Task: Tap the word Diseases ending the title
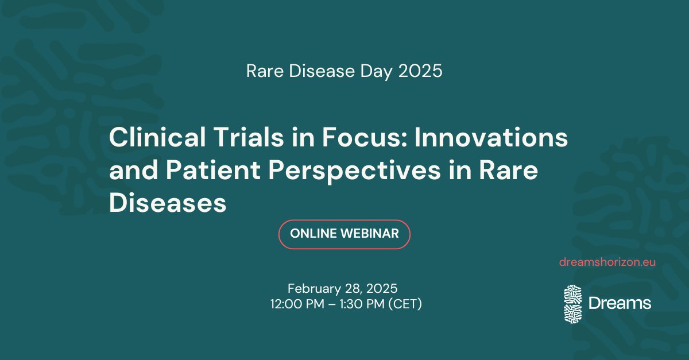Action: [168, 204]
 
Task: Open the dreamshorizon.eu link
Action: [607, 262]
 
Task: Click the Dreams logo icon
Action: [572, 303]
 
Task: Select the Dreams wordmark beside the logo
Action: [620, 303]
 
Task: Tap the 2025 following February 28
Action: [381, 288]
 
